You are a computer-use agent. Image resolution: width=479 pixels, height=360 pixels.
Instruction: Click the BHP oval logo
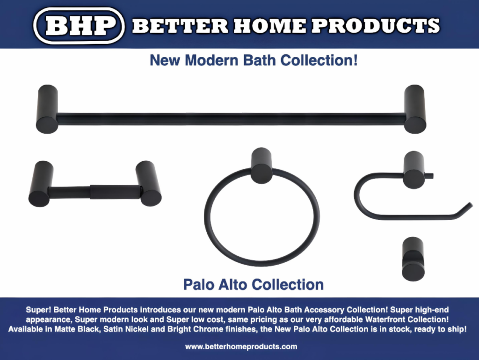pyautogui.click(x=79, y=26)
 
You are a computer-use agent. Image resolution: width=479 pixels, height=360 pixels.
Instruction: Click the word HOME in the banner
pyautogui.click(x=270, y=26)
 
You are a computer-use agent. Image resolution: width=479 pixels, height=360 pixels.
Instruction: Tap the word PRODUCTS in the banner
pyautogui.click(x=376, y=26)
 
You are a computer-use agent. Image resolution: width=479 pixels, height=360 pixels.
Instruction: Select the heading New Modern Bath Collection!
pyautogui.click(x=254, y=60)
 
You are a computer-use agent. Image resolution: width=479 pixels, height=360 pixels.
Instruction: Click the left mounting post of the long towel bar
pyautogui.click(x=47, y=109)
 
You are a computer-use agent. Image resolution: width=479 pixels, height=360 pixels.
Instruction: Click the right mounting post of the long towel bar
pyautogui.click(x=415, y=109)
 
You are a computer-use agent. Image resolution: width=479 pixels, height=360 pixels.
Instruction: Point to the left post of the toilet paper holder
pyautogui.click(x=41, y=184)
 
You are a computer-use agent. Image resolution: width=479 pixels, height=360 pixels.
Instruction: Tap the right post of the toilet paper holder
pyautogui.click(x=149, y=183)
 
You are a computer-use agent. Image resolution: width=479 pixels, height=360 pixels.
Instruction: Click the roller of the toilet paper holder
pyautogui.click(x=115, y=192)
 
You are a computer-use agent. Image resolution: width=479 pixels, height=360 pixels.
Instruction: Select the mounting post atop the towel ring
pyautogui.click(x=261, y=166)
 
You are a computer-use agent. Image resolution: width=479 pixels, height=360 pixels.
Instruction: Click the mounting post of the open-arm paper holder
pyautogui.click(x=414, y=170)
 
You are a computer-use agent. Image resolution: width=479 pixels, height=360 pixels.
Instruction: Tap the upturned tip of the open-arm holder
pyautogui.click(x=469, y=205)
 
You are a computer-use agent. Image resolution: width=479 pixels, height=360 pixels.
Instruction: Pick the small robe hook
pyautogui.click(x=413, y=259)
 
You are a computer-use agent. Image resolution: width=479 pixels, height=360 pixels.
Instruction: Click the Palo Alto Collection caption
pyautogui.click(x=253, y=285)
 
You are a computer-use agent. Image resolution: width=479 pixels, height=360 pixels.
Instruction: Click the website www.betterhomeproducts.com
pyautogui.click(x=241, y=346)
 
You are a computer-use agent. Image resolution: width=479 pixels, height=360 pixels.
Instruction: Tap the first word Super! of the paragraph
pyautogui.click(x=38, y=310)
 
